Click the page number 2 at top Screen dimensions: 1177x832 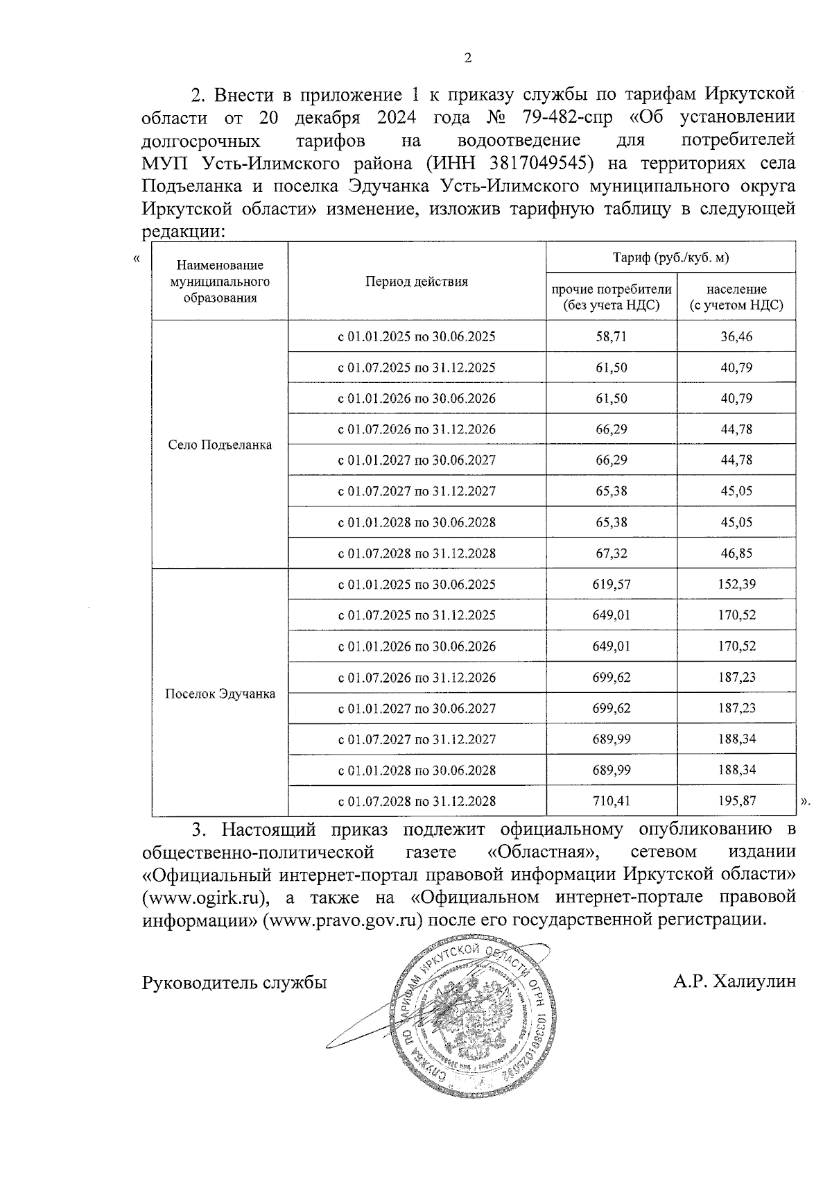[467, 58]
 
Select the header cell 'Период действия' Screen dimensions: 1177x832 [417, 282]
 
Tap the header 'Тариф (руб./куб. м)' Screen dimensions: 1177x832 [670, 258]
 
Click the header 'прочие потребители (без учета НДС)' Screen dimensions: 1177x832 [611, 297]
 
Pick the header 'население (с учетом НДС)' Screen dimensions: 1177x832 [736, 297]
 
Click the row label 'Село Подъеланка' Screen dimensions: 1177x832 [220, 445]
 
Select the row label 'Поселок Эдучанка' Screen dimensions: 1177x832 [220, 694]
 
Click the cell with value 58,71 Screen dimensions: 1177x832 [611, 337]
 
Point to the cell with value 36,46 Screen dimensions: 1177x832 [736, 337]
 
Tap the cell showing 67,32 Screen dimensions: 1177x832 [611, 553]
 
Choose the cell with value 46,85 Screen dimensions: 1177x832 [736, 553]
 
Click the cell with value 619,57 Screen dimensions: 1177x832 [611, 585]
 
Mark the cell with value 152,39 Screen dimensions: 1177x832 [736, 585]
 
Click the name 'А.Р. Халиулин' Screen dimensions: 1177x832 [734, 982]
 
